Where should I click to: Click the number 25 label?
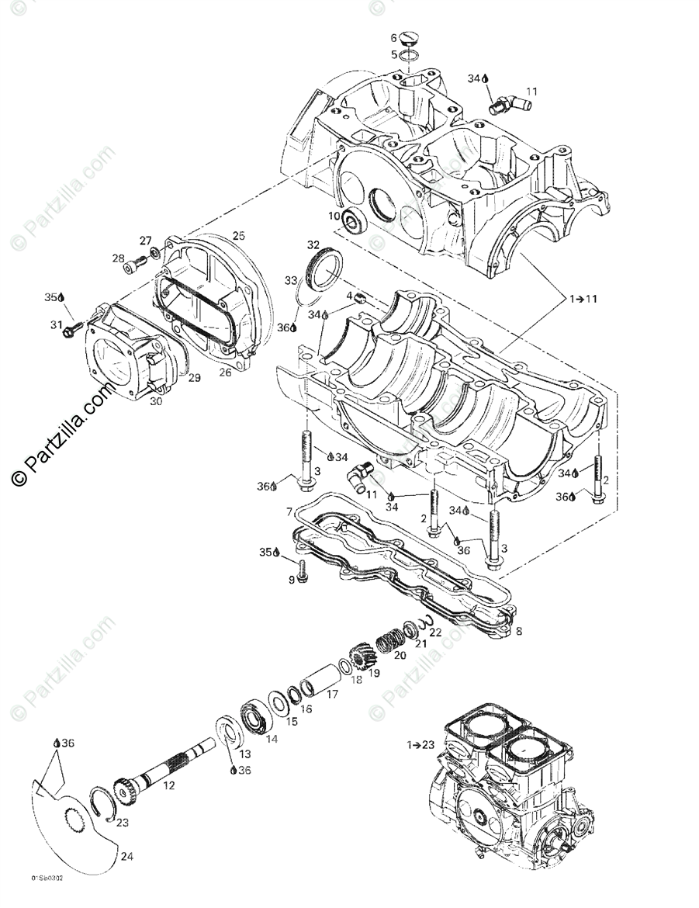click(x=238, y=235)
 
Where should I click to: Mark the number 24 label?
click(x=126, y=857)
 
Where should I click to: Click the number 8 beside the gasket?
click(x=517, y=632)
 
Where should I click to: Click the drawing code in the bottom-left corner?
click(x=47, y=899)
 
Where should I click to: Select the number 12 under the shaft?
click(x=169, y=785)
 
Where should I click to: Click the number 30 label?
click(x=155, y=401)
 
